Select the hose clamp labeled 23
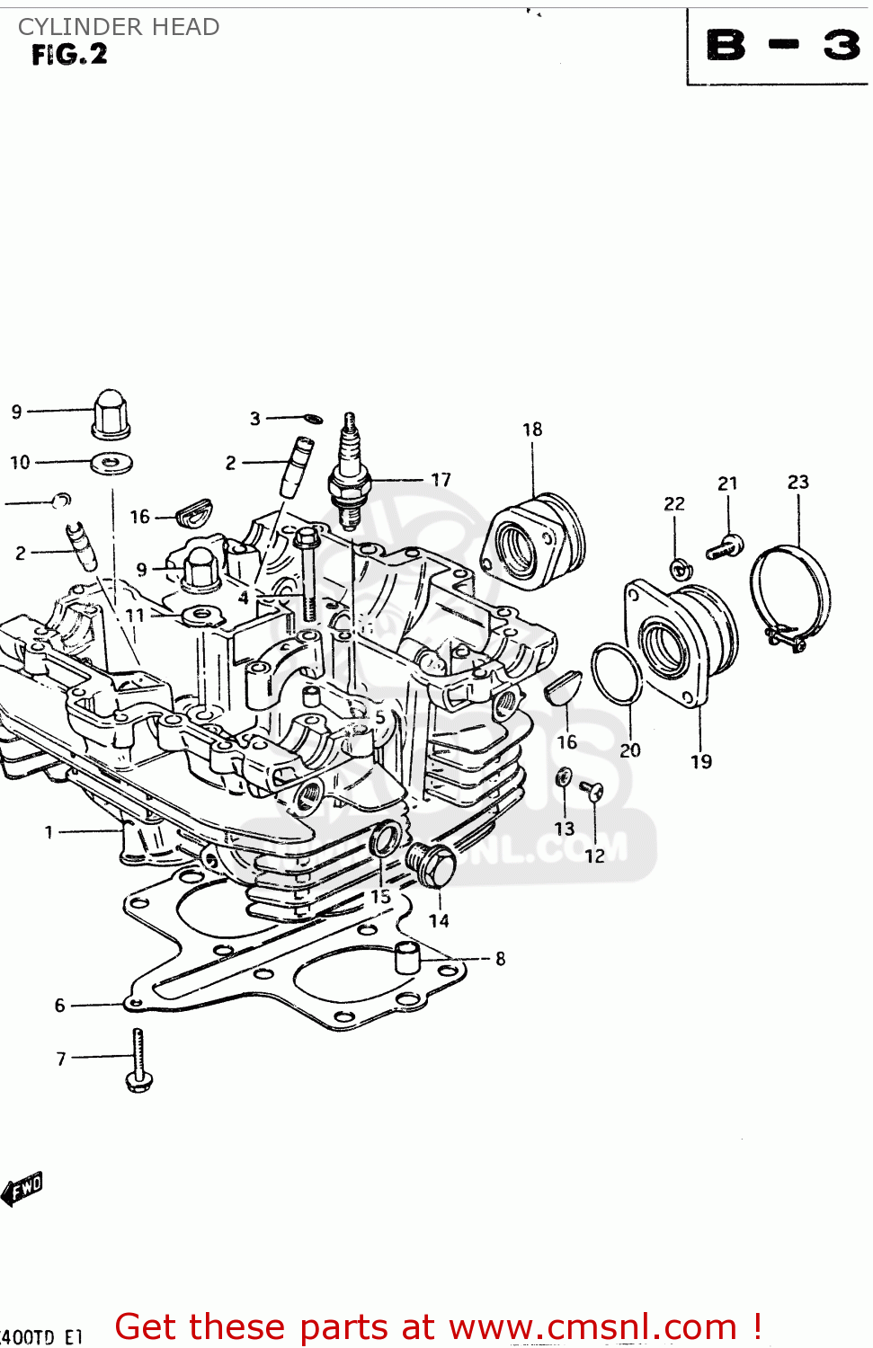click(x=790, y=593)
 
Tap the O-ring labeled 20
click(x=616, y=674)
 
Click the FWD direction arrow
click(x=22, y=1189)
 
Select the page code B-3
click(x=782, y=45)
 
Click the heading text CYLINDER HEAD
click(x=119, y=27)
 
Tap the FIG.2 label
click(x=69, y=55)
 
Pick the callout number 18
click(x=532, y=430)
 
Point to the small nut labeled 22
click(x=679, y=568)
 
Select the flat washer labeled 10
click(x=112, y=464)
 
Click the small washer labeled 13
click(x=564, y=777)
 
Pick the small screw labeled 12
click(x=592, y=791)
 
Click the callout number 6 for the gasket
click(x=60, y=1005)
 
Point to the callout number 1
click(x=49, y=832)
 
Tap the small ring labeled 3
click(x=313, y=418)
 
